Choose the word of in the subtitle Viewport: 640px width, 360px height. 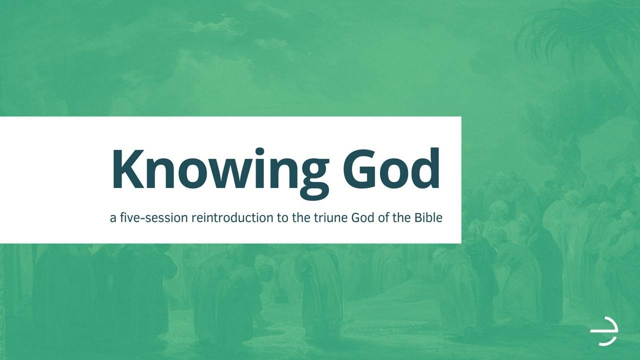[x=382, y=218]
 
